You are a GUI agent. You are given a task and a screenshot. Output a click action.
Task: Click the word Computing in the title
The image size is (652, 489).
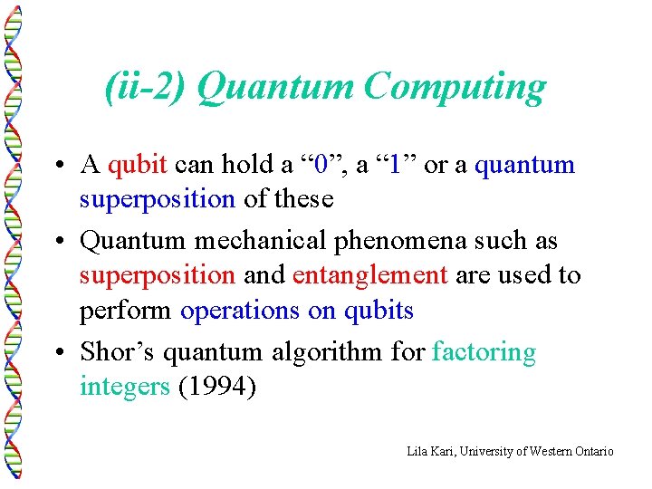[455, 88]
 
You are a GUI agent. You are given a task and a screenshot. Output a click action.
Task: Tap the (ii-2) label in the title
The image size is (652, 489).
[146, 88]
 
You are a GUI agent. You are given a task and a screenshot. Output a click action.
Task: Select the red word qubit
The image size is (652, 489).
[137, 165]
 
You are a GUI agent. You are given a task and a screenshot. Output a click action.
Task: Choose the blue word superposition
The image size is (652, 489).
[158, 199]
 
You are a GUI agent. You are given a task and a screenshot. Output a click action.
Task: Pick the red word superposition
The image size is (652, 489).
[158, 275]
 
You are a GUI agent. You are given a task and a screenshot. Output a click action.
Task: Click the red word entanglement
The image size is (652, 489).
[370, 275]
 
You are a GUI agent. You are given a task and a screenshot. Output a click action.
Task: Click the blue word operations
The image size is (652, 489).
[240, 311]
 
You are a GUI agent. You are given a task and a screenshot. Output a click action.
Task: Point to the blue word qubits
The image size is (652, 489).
[379, 311]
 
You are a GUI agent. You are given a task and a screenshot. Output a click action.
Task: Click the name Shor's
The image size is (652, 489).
[114, 350]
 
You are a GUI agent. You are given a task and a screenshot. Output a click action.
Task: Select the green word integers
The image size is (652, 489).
[125, 387]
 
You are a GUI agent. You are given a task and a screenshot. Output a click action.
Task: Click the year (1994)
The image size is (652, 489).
[217, 387]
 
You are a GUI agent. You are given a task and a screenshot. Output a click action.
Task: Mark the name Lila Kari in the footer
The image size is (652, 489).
[428, 451]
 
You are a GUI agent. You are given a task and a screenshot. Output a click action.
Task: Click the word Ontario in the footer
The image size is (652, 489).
[593, 451]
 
